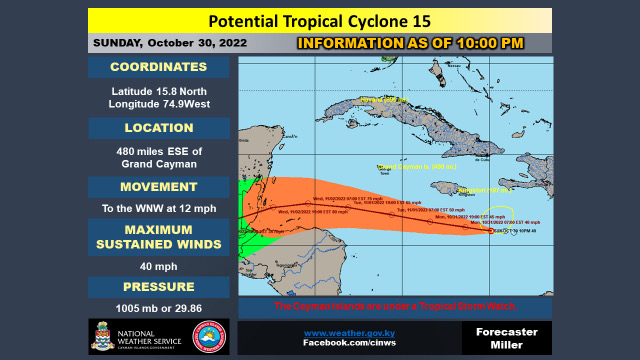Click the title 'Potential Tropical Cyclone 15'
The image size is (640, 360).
click(319, 21)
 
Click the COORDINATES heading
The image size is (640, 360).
click(160, 68)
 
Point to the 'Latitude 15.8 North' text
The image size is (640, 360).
click(160, 91)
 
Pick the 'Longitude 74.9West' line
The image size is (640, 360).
click(160, 105)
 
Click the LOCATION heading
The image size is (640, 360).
click(160, 128)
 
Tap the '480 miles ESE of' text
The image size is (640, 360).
click(160, 151)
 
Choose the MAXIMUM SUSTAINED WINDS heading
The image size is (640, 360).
click(160, 241)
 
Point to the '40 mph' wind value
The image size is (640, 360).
click(160, 268)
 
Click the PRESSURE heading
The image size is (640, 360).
click(160, 287)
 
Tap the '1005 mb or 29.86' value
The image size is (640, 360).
click(160, 309)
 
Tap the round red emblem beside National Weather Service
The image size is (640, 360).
click(210, 337)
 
